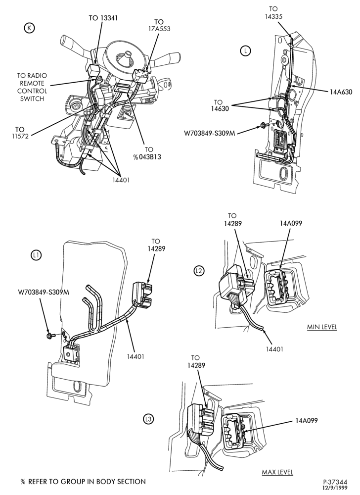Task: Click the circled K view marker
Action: click(x=29, y=28)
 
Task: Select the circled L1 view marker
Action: click(x=36, y=255)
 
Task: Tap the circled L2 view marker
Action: click(x=199, y=271)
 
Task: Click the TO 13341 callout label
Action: click(x=103, y=18)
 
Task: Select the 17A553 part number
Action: click(x=159, y=29)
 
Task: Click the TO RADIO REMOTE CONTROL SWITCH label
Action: click(x=32, y=87)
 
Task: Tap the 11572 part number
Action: click(x=20, y=137)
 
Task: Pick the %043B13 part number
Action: click(x=147, y=157)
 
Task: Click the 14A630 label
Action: click(x=341, y=92)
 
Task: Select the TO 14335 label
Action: click(x=273, y=13)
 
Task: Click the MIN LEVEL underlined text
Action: click(x=322, y=327)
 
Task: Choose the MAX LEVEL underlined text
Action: click(x=277, y=472)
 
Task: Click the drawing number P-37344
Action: click(x=335, y=482)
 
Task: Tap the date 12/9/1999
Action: click(x=335, y=488)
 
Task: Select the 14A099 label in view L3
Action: click(x=307, y=420)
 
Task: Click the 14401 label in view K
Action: click(x=121, y=180)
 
